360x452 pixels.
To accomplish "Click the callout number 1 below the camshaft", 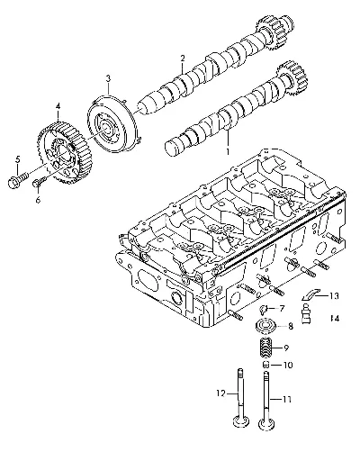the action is coord(228,151).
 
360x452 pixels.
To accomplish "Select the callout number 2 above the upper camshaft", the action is coord(183,58).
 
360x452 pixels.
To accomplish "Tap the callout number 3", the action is coord(108,78).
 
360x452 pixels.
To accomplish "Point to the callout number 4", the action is coord(58,106).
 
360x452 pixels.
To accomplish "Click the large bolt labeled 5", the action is coord(18,179).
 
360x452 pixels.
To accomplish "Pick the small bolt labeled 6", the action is coord(39,183).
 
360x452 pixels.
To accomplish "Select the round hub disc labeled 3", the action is coord(113,125).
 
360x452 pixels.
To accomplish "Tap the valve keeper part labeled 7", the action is coord(264,309).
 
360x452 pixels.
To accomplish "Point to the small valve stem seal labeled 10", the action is coord(265,365).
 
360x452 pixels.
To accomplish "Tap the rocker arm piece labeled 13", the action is coord(310,294).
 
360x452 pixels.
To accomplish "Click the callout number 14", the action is coord(335,318).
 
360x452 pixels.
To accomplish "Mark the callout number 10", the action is coord(287,366).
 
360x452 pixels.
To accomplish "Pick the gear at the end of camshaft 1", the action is coord(292,78).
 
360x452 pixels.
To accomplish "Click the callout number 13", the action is coord(333,296).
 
